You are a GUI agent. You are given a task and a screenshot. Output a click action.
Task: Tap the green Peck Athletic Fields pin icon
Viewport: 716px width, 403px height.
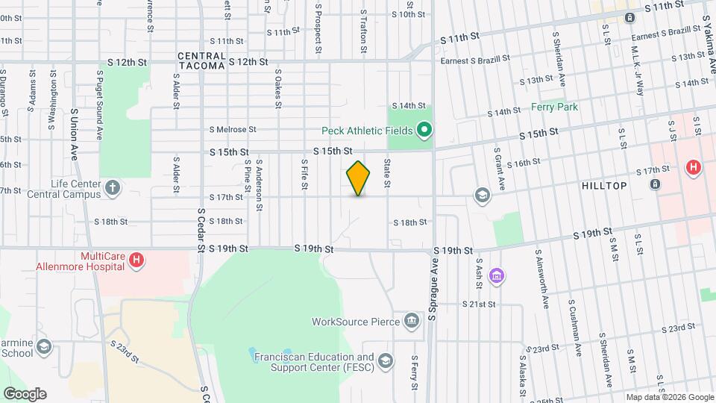(424, 131)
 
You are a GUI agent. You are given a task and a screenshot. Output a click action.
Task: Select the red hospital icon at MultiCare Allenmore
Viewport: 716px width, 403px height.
(136, 260)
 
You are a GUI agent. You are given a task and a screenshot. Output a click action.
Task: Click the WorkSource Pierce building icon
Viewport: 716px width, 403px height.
(411, 322)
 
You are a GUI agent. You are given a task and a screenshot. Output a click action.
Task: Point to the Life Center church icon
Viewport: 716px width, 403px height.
(112, 187)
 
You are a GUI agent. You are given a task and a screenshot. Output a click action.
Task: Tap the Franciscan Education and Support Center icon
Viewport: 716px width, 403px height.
(385, 362)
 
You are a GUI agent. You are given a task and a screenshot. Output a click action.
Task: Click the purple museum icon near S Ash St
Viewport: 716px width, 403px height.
(496, 277)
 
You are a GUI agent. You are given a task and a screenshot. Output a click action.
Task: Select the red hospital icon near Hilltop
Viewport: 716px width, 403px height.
(693, 168)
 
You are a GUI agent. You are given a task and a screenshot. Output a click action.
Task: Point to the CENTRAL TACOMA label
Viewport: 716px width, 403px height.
(201, 61)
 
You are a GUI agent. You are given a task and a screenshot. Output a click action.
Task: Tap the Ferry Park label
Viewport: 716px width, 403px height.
(554, 107)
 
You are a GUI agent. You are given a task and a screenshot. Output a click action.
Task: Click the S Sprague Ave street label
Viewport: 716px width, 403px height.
(432, 291)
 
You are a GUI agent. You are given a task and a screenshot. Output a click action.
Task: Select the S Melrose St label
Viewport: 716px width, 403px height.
(232, 129)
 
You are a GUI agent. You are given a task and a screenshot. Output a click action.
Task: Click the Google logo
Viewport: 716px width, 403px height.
(25, 393)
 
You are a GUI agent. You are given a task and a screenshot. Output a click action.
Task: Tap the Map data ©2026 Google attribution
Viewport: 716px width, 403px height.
(669, 397)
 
